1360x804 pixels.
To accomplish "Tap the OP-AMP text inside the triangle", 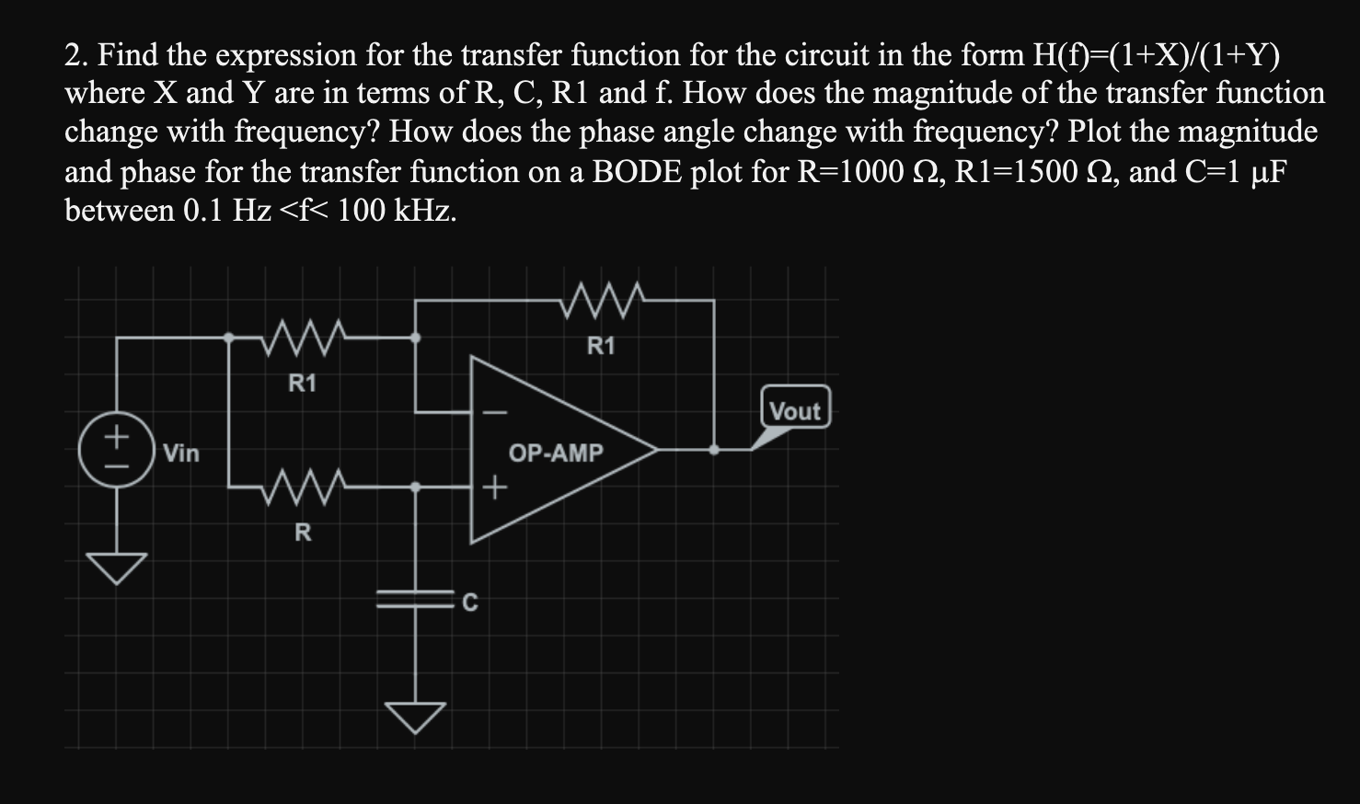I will pyautogui.click(x=556, y=453).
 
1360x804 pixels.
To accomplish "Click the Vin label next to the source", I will pyautogui.click(x=181, y=453).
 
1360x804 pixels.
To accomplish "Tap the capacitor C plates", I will pyautogui.click(x=416, y=599).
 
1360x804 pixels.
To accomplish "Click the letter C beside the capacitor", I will pyautogui.click(x=469, y=603).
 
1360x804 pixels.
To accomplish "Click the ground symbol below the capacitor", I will pyautogui.click(x=416, y=716).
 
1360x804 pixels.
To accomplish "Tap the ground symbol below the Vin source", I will pyautogui.click(x=118, y=568).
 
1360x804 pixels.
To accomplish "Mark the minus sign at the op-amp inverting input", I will pyautogui.click(x=494, y=411).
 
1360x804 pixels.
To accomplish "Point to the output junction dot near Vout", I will pyautogui.click(x=714, y=450).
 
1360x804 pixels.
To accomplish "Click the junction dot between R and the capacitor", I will pyautogui.click(x=416, y=488).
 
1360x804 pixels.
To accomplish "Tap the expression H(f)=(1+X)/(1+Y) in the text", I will pyautogui.click(x=1156, y=55).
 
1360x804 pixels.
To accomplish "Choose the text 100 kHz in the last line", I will pyautogui.click(x=397, y=210).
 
